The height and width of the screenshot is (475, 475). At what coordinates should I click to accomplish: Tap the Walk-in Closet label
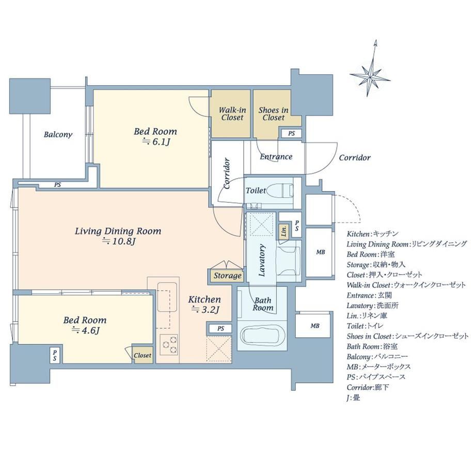point(232,114)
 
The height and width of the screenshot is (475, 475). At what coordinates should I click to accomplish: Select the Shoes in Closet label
point(273,114)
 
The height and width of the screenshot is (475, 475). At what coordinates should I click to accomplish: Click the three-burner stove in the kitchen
point(169,344)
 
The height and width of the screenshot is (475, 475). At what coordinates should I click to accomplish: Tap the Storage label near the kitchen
point(228,276)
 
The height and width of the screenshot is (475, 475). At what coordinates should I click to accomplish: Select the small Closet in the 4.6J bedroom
point(142,355)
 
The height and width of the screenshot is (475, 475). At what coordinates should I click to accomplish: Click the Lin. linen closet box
point(284,232)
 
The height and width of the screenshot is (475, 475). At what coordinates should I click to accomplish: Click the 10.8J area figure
point(118,242)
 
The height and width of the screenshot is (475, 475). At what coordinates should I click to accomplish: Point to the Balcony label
point(58,134)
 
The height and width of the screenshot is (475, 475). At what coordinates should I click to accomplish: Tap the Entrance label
point(276,156)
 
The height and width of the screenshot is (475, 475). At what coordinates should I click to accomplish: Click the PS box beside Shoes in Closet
point(291,133)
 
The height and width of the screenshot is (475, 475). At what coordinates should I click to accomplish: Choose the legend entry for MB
point(378,367)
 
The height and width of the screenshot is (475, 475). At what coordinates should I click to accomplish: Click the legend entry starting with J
point(353,398)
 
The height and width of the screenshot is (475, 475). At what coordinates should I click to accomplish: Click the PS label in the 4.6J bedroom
point(55,355)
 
